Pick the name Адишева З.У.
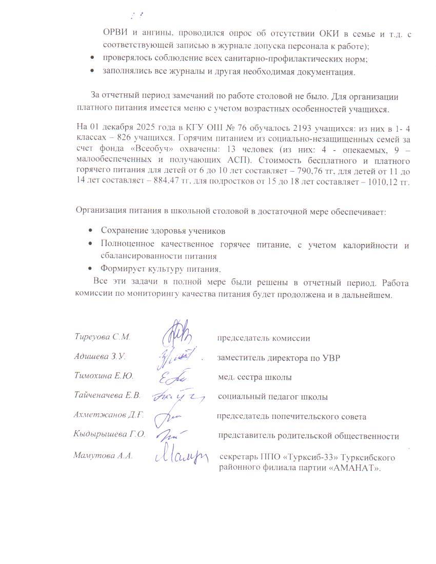tap(100, 356)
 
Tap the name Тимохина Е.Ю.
tap(104, 376)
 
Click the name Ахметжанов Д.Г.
tap(109, 415)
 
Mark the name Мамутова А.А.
tap(103, 455)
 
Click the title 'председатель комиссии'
tap(263, 338)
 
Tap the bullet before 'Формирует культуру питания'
tap(91, 268)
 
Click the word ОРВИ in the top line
tap(113, 34)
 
